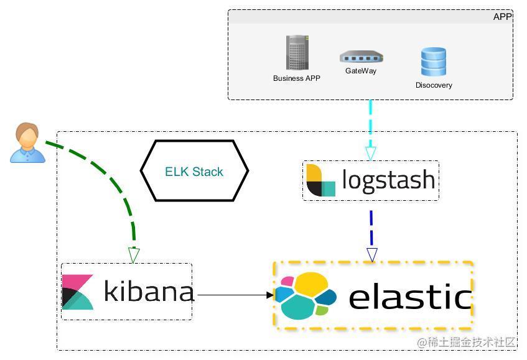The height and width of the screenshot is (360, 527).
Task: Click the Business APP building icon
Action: pyautogui.click(x=297, y=53)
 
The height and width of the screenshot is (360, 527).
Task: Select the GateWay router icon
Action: pyautogui.click(x=361, y=57)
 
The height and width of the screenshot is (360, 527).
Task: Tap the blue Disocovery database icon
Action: pyautogui.click(x=433, y=62)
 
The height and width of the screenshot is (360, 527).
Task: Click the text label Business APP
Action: pyautogui.click(x=297, y=78)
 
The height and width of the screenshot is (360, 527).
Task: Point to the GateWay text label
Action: pyautogui.click(x=361, y=71)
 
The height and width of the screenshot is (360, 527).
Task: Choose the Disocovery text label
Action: pyautogui.click(x=434, y=85)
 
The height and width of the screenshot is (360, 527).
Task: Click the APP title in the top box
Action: pyautogui.click(x=501, y=17)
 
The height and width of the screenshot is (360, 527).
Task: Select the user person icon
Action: pyautogui.click(x=27, y=143)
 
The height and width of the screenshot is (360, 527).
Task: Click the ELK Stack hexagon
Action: pyautogui.click(x=194, y=171)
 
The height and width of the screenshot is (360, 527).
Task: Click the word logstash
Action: pyautogui.click(x=388, y=180)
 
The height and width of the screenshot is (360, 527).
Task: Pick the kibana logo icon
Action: pyautogui.click(x=78, y=292)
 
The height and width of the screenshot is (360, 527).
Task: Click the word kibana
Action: pyautogui.click(x=148, y=291)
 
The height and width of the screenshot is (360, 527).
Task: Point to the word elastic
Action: pyautogui.click(x=409, y=297)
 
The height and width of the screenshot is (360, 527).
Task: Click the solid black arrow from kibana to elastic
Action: pyautogui.click(x=233, y=295)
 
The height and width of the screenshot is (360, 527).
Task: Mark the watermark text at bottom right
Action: pyautogui.click(x=467, y=343)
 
